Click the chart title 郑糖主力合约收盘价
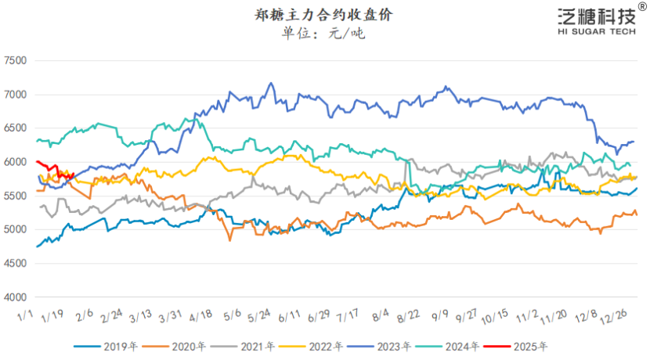[x=325, y=14]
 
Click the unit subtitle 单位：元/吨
[x=324, y=33]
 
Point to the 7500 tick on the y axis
[x=16, y=60]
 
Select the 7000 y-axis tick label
[x=16, y=95]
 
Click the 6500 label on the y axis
[x=16, y=128]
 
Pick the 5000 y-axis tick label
[x=16, y=229]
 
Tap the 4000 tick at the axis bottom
[x=16, y=297]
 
